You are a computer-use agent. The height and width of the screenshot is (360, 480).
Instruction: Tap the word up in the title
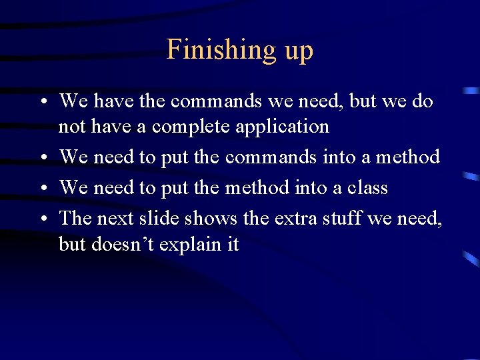pyautogui.click(x=298, y=52)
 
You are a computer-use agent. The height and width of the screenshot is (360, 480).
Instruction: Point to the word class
pyautogui.click(x=366, y=188)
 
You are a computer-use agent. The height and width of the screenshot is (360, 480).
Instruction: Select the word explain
pyautogui.click(x=192, y=245)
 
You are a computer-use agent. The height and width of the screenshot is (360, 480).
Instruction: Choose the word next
pyautogui.click(x=111, y=219)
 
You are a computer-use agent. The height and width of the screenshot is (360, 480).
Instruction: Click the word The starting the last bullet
pyautogui.click(x=72, y=218)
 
